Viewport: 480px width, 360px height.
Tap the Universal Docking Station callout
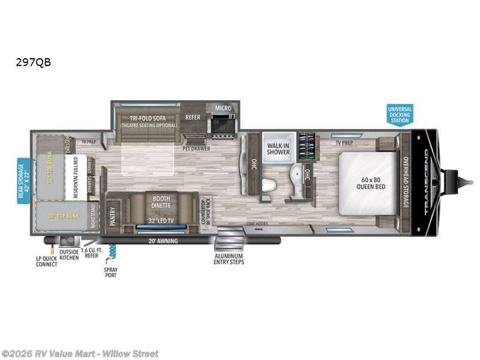tap(400, 114)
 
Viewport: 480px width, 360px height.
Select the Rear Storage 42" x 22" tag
tap(23, 181)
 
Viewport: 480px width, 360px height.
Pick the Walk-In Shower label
tap(278, 148)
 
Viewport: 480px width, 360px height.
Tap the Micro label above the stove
tap(223, 108)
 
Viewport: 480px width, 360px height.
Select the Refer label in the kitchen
tap(193, 117)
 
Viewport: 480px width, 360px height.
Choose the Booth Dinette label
tap(160, 202)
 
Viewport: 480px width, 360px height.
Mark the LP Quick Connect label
tap(46, 261)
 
